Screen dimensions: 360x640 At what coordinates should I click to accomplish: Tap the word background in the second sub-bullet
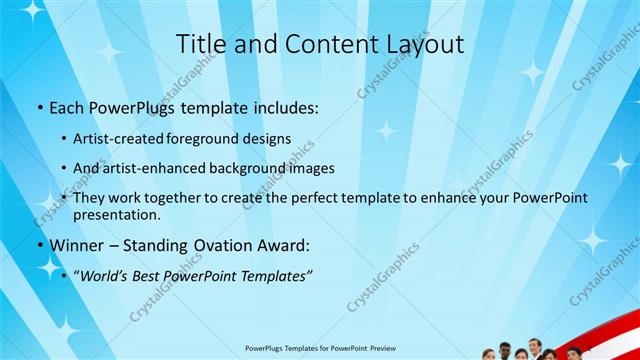pos(255,168)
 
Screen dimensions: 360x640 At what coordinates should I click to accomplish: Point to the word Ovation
pos(216,245)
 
